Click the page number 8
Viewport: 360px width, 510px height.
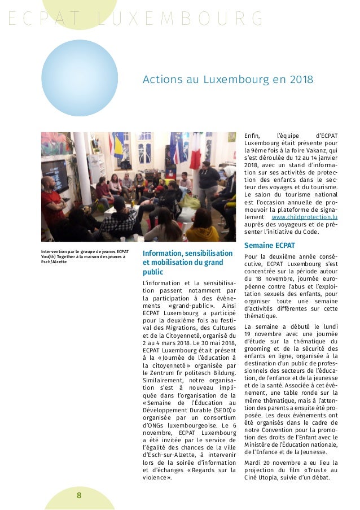pyautogui.click(x=79, y=495)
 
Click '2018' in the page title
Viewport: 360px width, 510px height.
pyautogui.click(x=301, y=80)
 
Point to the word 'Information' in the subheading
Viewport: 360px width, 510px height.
pyautogui.click(x=166, y=253)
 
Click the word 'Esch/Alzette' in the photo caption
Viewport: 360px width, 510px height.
pyautogui.click(x=54, y=262)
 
